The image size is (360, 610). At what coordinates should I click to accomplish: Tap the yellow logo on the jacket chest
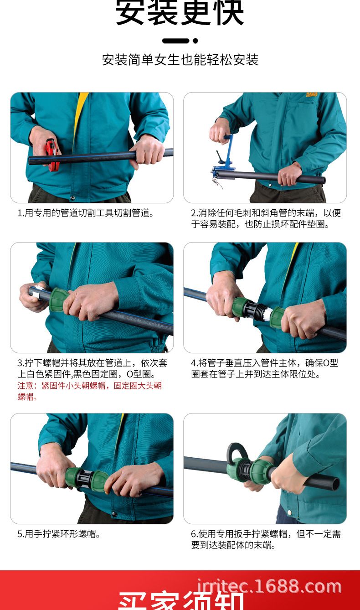click(x=312, y=96)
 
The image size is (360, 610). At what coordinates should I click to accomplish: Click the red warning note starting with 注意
click(x=90, y=391)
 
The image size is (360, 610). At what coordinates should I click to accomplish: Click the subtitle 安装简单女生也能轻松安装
click(x=180, y=60)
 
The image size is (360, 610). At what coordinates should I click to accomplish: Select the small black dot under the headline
click(x=195, y=41)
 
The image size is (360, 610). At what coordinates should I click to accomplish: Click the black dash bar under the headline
click(x=175, y=41)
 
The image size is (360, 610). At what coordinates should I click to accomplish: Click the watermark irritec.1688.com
click(x=269, y=586)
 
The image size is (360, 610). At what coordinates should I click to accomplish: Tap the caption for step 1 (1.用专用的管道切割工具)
click(x=86, y=213)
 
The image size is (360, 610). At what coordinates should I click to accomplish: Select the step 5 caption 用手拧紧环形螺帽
click(x=59, y=534)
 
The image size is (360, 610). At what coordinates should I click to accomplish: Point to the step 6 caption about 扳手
click(x=266, y=539)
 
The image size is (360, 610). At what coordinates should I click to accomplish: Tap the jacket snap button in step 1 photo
click(x=72, y=197)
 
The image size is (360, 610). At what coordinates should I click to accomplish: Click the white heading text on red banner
click(x=180, y=601)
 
